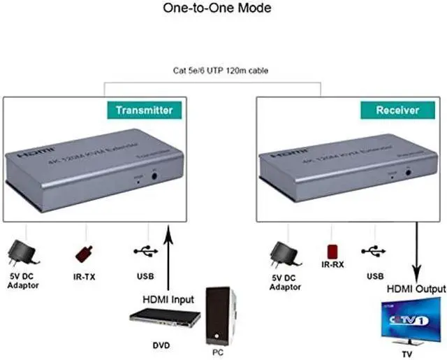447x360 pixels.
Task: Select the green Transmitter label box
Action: tap(144, 110)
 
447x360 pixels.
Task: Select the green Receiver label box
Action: tap(397, 110)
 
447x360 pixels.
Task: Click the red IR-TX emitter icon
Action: tap(85, 252)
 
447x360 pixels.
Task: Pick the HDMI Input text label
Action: tap(168, 299)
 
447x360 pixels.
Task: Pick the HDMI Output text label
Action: tap(416, 289)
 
